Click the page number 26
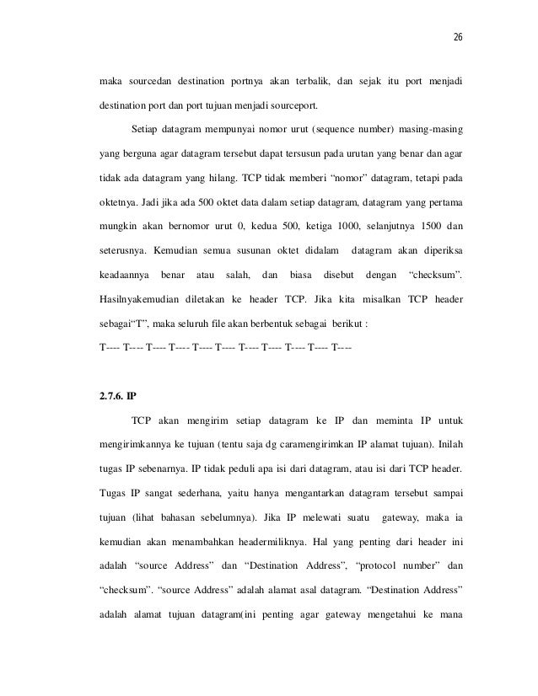pyautogui.click(x=458, y=37)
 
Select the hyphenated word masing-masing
pyautogui.click(x=428, y=131)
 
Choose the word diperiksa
pyautogui.click(x=438, y=251)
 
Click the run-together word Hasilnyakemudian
pyautogui.click(x=139, y=299)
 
